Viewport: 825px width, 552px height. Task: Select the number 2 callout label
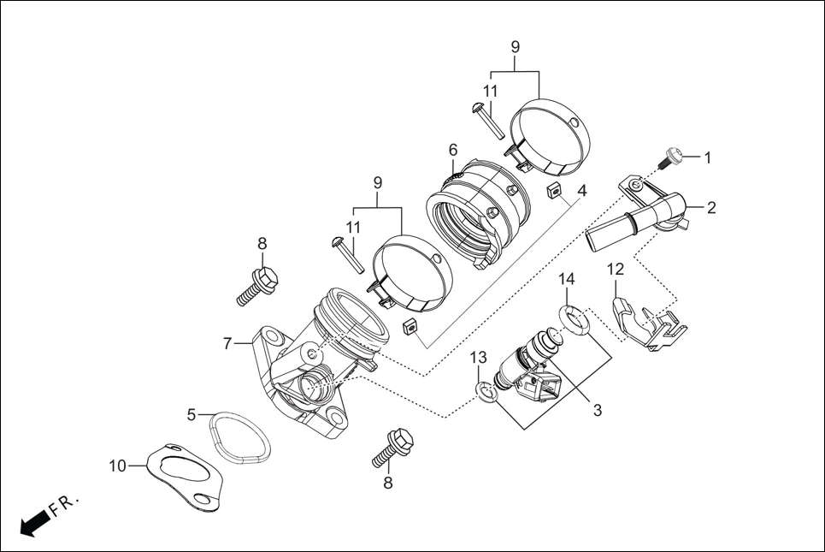pyautogui.click(x=710, y=207)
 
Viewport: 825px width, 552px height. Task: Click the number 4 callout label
pyautogui.click(x=581, y=190)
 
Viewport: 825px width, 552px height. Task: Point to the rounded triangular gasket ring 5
pyautogui.click(x=240, y=438)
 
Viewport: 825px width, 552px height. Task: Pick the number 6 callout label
pyautogui.click(x=453, y=150)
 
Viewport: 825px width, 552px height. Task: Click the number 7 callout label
pyautogui.click(x=227, y=343)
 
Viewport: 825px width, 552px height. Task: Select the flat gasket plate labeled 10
pyautogui.click(x=184, y=478)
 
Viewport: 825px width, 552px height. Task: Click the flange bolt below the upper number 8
pyautogui.click(x=254, y=288)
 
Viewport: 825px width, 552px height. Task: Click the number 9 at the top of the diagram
pyautogui.click(x=515, y=47)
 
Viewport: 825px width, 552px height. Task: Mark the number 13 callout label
pyautogui.click(x=478, y=356)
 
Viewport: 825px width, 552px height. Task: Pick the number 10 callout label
pyautogui.click(x=117, y=466)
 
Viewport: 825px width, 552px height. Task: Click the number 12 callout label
pyautogui.click(x=616, y=269)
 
